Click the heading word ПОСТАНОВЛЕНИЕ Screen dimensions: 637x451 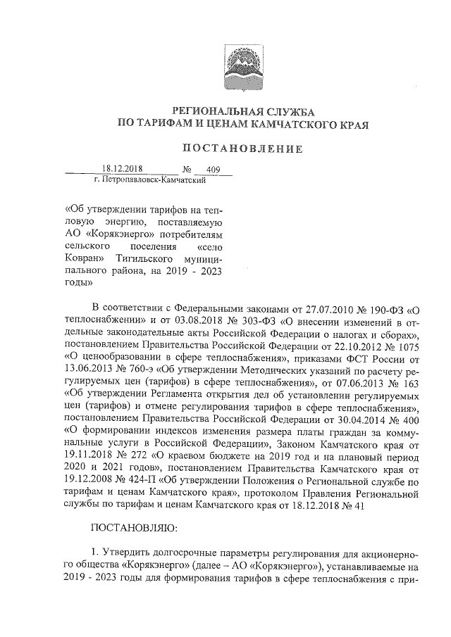[x=242, y=149]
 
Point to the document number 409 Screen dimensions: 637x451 [x=214, y=170]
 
